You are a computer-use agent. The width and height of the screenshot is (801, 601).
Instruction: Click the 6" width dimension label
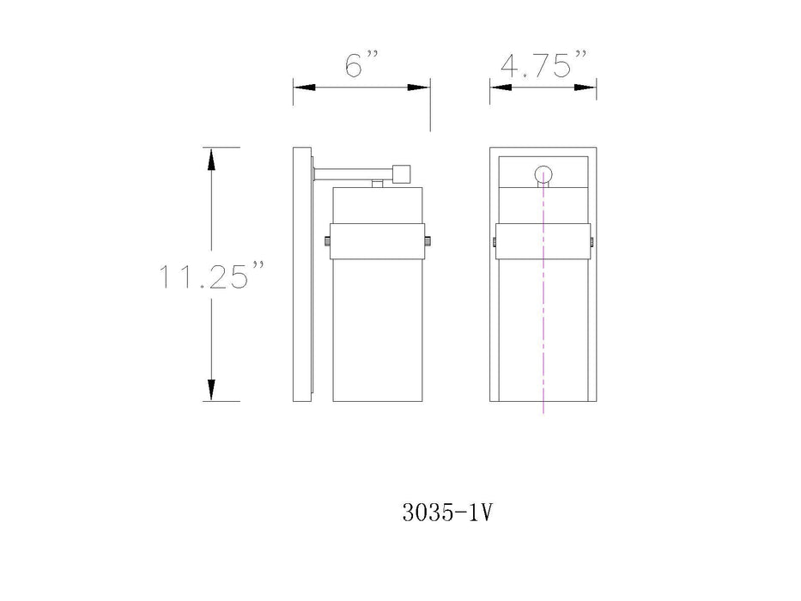click(361, 64)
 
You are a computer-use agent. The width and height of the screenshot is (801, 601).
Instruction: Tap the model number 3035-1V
click(447, 513)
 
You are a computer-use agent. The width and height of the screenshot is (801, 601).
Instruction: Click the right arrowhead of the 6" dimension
click(418, 88)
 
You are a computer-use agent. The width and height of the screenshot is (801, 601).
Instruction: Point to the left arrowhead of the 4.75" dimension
click(501, 88)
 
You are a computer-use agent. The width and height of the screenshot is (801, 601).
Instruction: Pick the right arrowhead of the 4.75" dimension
click(585, 88)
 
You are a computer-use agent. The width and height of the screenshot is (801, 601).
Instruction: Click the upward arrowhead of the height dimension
click(211, 159)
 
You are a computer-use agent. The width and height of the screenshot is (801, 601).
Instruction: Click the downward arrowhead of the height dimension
click(211, 390)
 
